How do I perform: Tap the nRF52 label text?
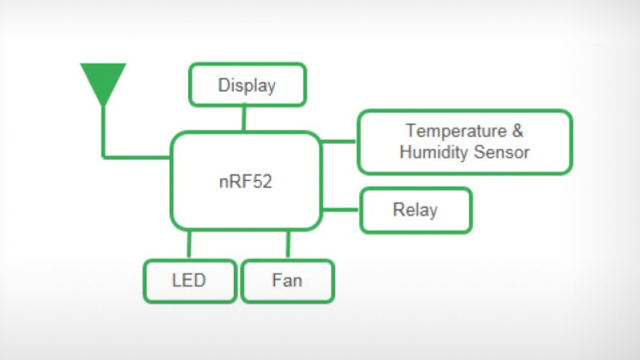(x=246, y=180)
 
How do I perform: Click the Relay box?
(x=416, y=210)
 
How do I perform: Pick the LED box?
(x=189, y=281)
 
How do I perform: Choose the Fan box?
(x=287, y=281)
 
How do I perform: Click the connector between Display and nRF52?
(x=244, y=119)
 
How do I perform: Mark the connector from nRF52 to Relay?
(x=341, y=209)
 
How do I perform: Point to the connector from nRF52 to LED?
(x=189, y=245)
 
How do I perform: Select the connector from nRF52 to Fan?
(x=288, y=245)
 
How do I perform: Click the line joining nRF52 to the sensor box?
(x=339, y=141)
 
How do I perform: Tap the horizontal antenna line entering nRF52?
(x=137, y=156)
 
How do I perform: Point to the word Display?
(x=247, y=85)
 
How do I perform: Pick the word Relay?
(x=415, y=210)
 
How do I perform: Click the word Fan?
(x=287, y=280)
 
